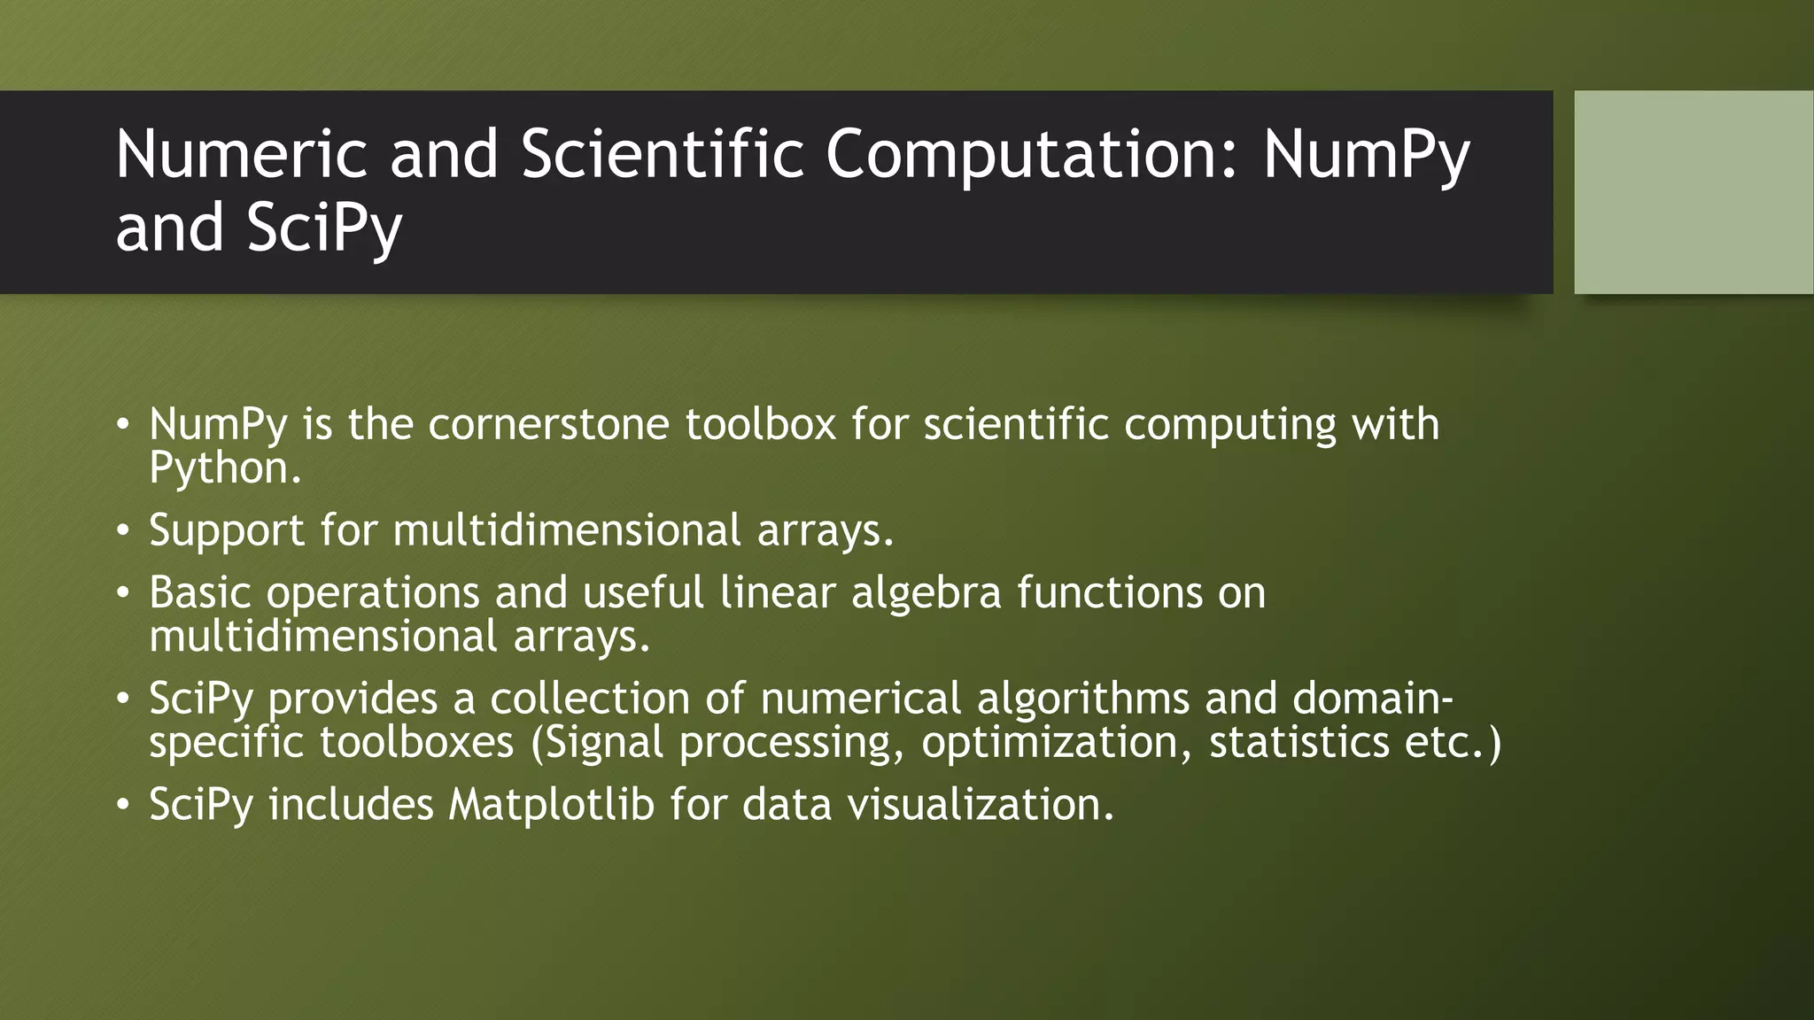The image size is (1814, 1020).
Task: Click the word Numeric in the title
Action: point(240,154)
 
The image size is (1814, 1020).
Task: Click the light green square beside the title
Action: point(1693,192)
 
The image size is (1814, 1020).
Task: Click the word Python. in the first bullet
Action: point(225,468)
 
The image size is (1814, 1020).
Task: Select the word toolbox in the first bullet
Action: point(760,424)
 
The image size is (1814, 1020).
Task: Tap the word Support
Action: point(227,530)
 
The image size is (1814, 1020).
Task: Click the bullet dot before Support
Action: point(123,531)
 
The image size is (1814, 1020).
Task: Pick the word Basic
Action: point(200,592)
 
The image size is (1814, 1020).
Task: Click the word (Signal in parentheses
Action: point(597,742)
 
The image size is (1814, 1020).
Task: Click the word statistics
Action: point(1298,742)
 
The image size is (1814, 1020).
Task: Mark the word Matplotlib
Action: point(551,805)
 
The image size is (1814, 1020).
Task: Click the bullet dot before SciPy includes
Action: point(123,806)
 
